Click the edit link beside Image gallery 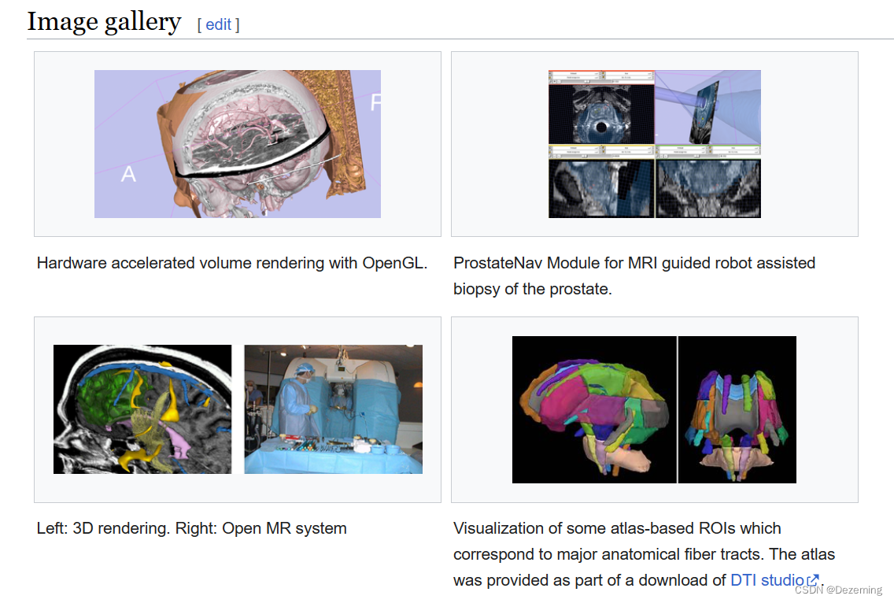(218, 24)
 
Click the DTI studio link (767, 580)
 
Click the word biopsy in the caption (476, 289)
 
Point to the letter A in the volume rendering (128, 174)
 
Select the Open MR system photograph (333, 409)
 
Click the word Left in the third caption (52, 528)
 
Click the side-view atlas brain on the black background (594, 410)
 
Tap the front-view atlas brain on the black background (737, 410)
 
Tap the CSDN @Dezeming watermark (838, 590)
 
